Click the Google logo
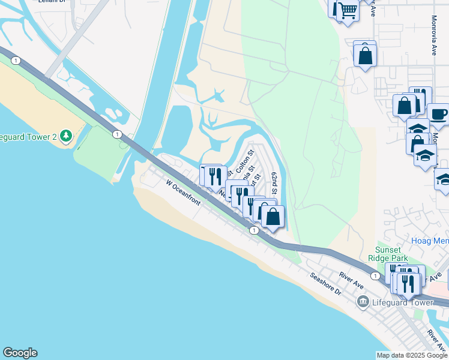pos(20,353)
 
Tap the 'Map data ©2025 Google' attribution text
pos(412,355)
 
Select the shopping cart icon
pos(348,10)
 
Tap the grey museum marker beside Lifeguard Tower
pos(363,302)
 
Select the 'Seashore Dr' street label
pos(325,284)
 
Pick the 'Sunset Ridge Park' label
pos(391,254)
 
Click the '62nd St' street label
pos(274,182)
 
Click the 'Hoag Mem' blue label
pos(430,241)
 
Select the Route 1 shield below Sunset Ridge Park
pos(375,275)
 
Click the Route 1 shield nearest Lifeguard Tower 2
pos(116,134)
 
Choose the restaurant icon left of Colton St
pos(215,176)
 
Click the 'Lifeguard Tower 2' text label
pos(28,137)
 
